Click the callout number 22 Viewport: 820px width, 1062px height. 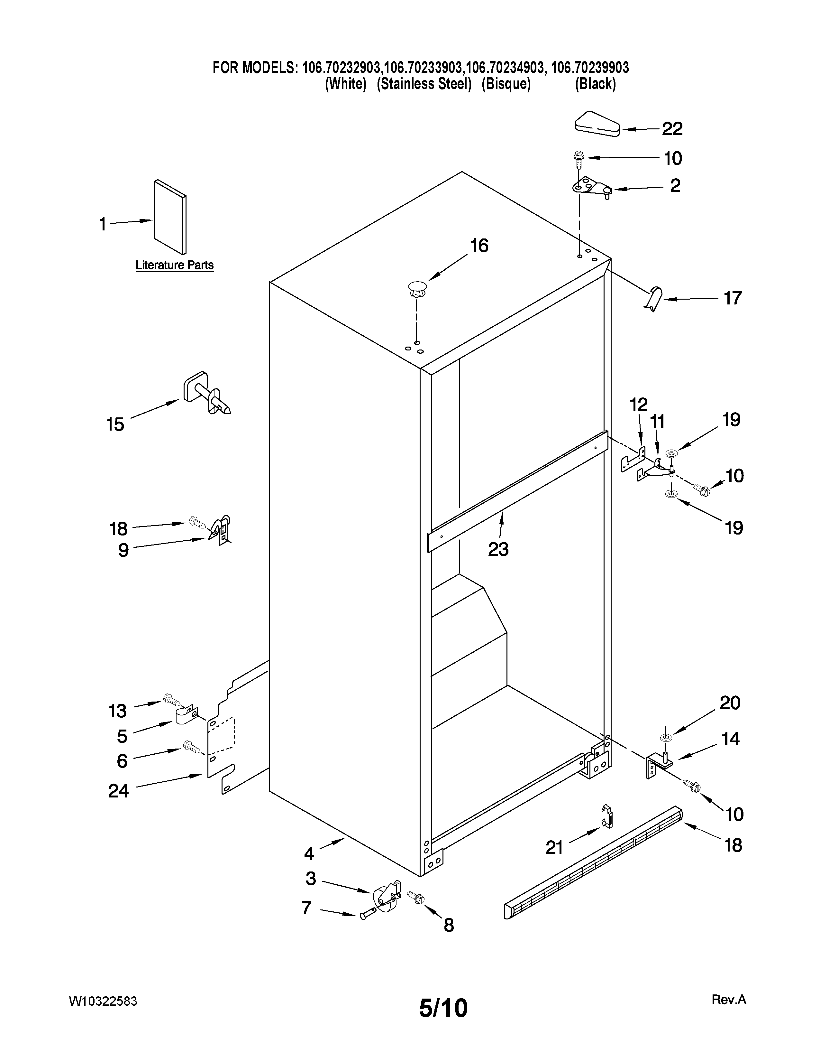[x=672, y=129]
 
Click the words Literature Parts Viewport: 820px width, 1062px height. [x=174, y=265]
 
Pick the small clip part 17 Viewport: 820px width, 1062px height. [x=654, y=299]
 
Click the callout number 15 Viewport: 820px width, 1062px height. [x=115, y=424]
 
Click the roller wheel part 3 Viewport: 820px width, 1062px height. [x=385, y=897]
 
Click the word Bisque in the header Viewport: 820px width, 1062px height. [x=506, y=84]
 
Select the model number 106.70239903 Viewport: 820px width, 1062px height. [x=590, y=68]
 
